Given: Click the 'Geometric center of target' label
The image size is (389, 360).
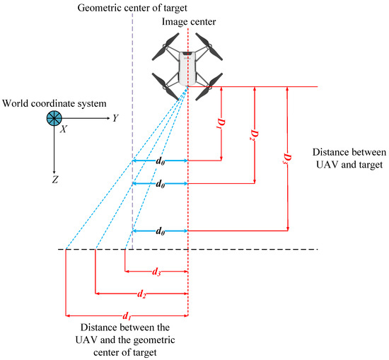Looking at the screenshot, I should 132,7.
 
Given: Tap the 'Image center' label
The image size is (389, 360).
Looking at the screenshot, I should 189,22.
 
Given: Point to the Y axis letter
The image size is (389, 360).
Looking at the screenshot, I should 115,118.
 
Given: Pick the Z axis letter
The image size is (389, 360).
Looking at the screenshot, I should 54,180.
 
